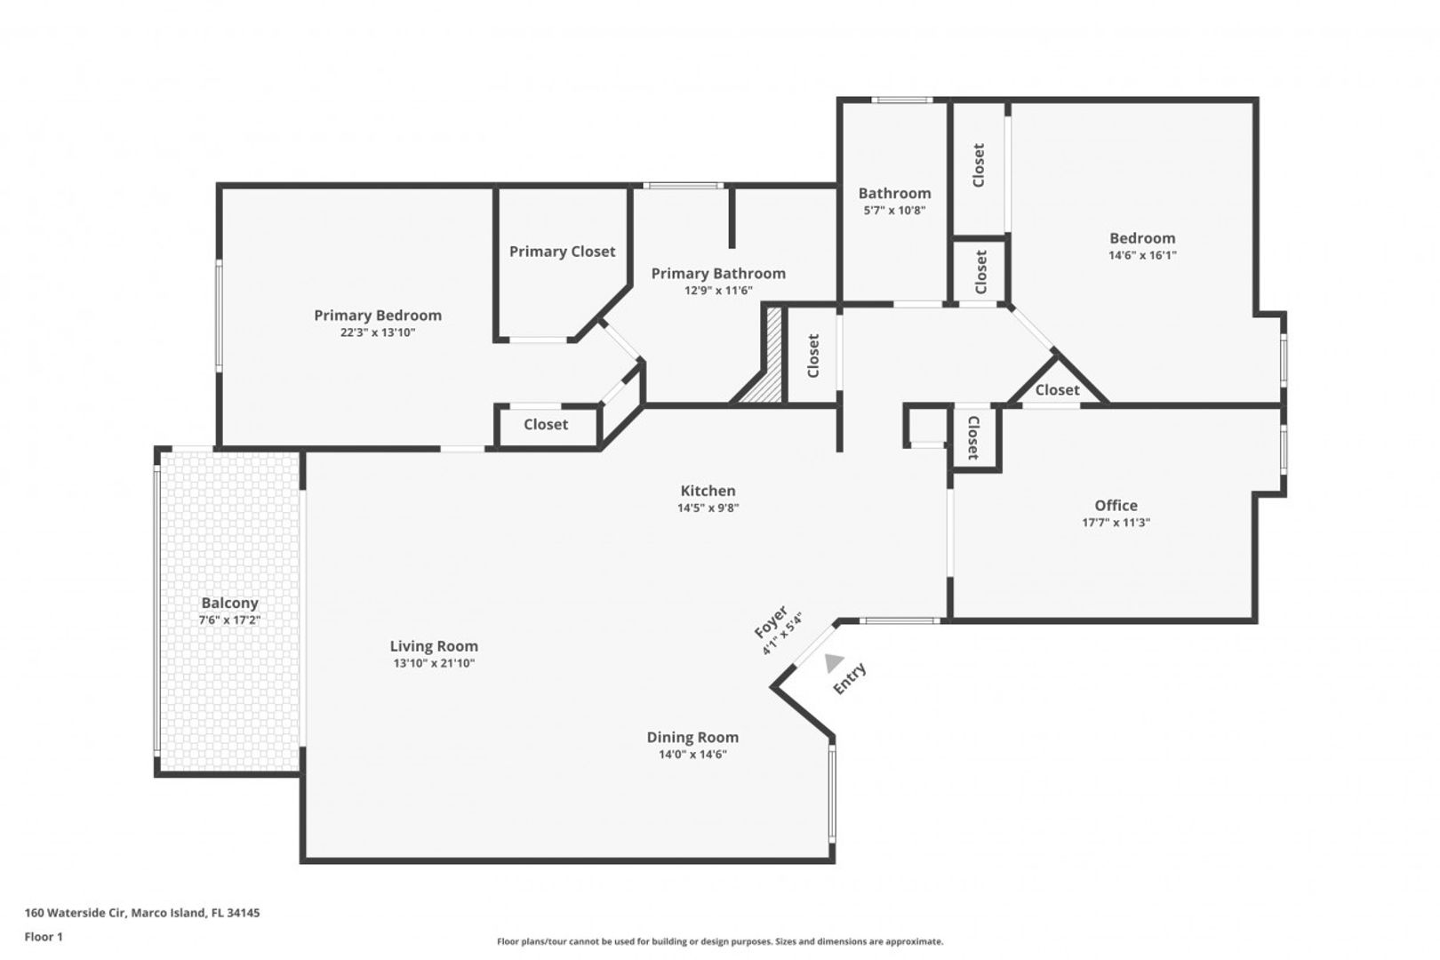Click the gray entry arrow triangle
click(833, 663)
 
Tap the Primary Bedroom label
click(378, 316)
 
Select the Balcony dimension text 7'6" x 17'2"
click(229, 620)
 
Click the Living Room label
click(434, 646)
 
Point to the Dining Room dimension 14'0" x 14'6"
click(692, 755)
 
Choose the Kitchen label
click(708, 491)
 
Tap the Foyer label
click(771, 622)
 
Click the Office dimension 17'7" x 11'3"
click(1116, 523)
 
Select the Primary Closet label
click(563, 252)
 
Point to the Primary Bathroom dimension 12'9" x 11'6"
click(718, 291)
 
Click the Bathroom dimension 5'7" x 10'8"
click(894, 211)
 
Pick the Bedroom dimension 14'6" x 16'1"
click(1142, 255)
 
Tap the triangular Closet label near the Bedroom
click(1058, 390)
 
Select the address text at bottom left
click(142, 912)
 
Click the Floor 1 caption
click(44, 937)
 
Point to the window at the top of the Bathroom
click(901, 100)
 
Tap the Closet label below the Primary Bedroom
click(546, 424)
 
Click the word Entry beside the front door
click(850, 678)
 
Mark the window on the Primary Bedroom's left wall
click(219, 315)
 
